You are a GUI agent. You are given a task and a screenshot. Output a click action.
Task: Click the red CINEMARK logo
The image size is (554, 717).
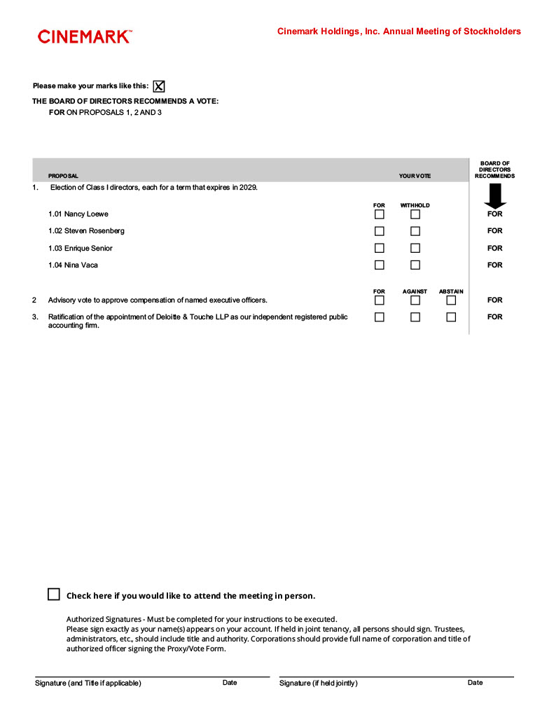pos(84,37)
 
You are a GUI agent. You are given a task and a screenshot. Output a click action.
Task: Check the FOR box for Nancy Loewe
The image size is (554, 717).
pos(380,214)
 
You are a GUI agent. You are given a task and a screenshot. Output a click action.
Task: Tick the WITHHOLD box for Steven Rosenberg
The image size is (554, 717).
pos(415,231)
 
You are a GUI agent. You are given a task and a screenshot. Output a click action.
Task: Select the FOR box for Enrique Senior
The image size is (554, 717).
pos(380,248)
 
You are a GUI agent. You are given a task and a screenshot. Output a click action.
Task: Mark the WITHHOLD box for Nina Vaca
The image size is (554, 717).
pos(415,265)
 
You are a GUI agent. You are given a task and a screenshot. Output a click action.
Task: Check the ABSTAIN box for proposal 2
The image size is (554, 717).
pos(451,300)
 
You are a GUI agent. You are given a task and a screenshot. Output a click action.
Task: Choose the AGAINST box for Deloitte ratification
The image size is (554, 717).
pos(415,317)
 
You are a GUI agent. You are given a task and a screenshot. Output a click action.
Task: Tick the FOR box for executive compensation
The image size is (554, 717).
pos(380,300)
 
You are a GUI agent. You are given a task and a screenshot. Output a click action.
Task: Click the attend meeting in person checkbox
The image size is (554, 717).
pos(54,594)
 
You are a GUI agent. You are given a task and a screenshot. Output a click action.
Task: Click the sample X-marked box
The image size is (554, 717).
pos(159,86)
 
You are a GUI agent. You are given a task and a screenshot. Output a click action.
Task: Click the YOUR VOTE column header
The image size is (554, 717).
pos(415,176)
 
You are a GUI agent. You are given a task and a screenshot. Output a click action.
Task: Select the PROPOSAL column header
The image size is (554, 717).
pos(63,176)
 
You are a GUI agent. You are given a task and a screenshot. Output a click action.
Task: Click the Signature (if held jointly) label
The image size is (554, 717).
pos(318,683)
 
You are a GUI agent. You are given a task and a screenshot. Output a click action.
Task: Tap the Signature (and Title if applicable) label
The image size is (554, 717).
pos(88,683)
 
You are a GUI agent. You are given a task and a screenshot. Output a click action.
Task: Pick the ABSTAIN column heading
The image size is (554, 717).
pos(451,291)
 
